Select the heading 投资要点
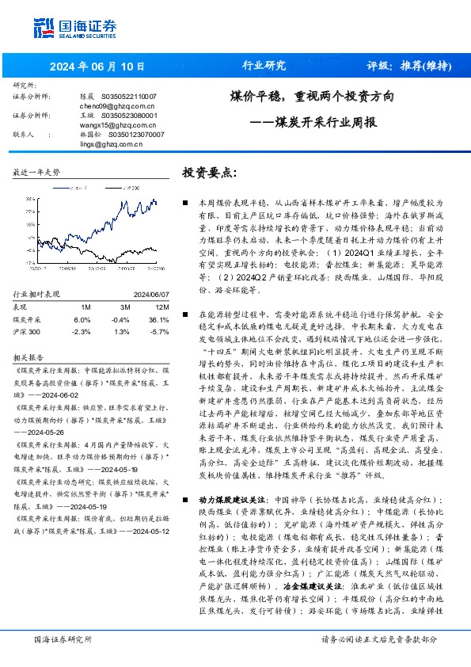[x=209, y=173]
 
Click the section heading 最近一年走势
[x=37, y=172]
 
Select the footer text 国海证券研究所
[x=63, y=638]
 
